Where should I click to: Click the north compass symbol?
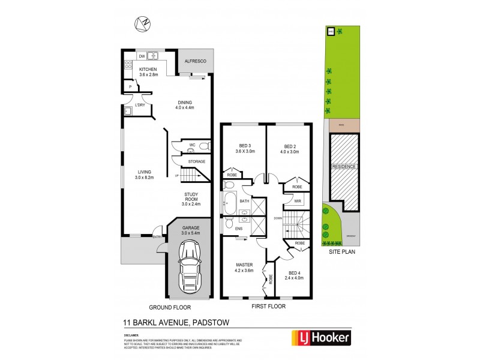click(143, 23)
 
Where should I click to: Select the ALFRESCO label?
click(194, 61)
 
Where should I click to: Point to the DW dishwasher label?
click(142, 56)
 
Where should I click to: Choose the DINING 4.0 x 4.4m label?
click(185, 105)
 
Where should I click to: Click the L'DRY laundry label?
click(140, 105)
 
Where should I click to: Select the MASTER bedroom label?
click(243, 267)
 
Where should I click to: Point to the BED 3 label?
click(244, 149)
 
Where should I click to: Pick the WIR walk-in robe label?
click(297, 200)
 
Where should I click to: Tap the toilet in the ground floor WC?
click(203, 146)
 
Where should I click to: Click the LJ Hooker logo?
click(321, 338)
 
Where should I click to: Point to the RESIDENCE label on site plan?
click(344, 166)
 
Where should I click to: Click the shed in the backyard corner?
click(331, 32)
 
